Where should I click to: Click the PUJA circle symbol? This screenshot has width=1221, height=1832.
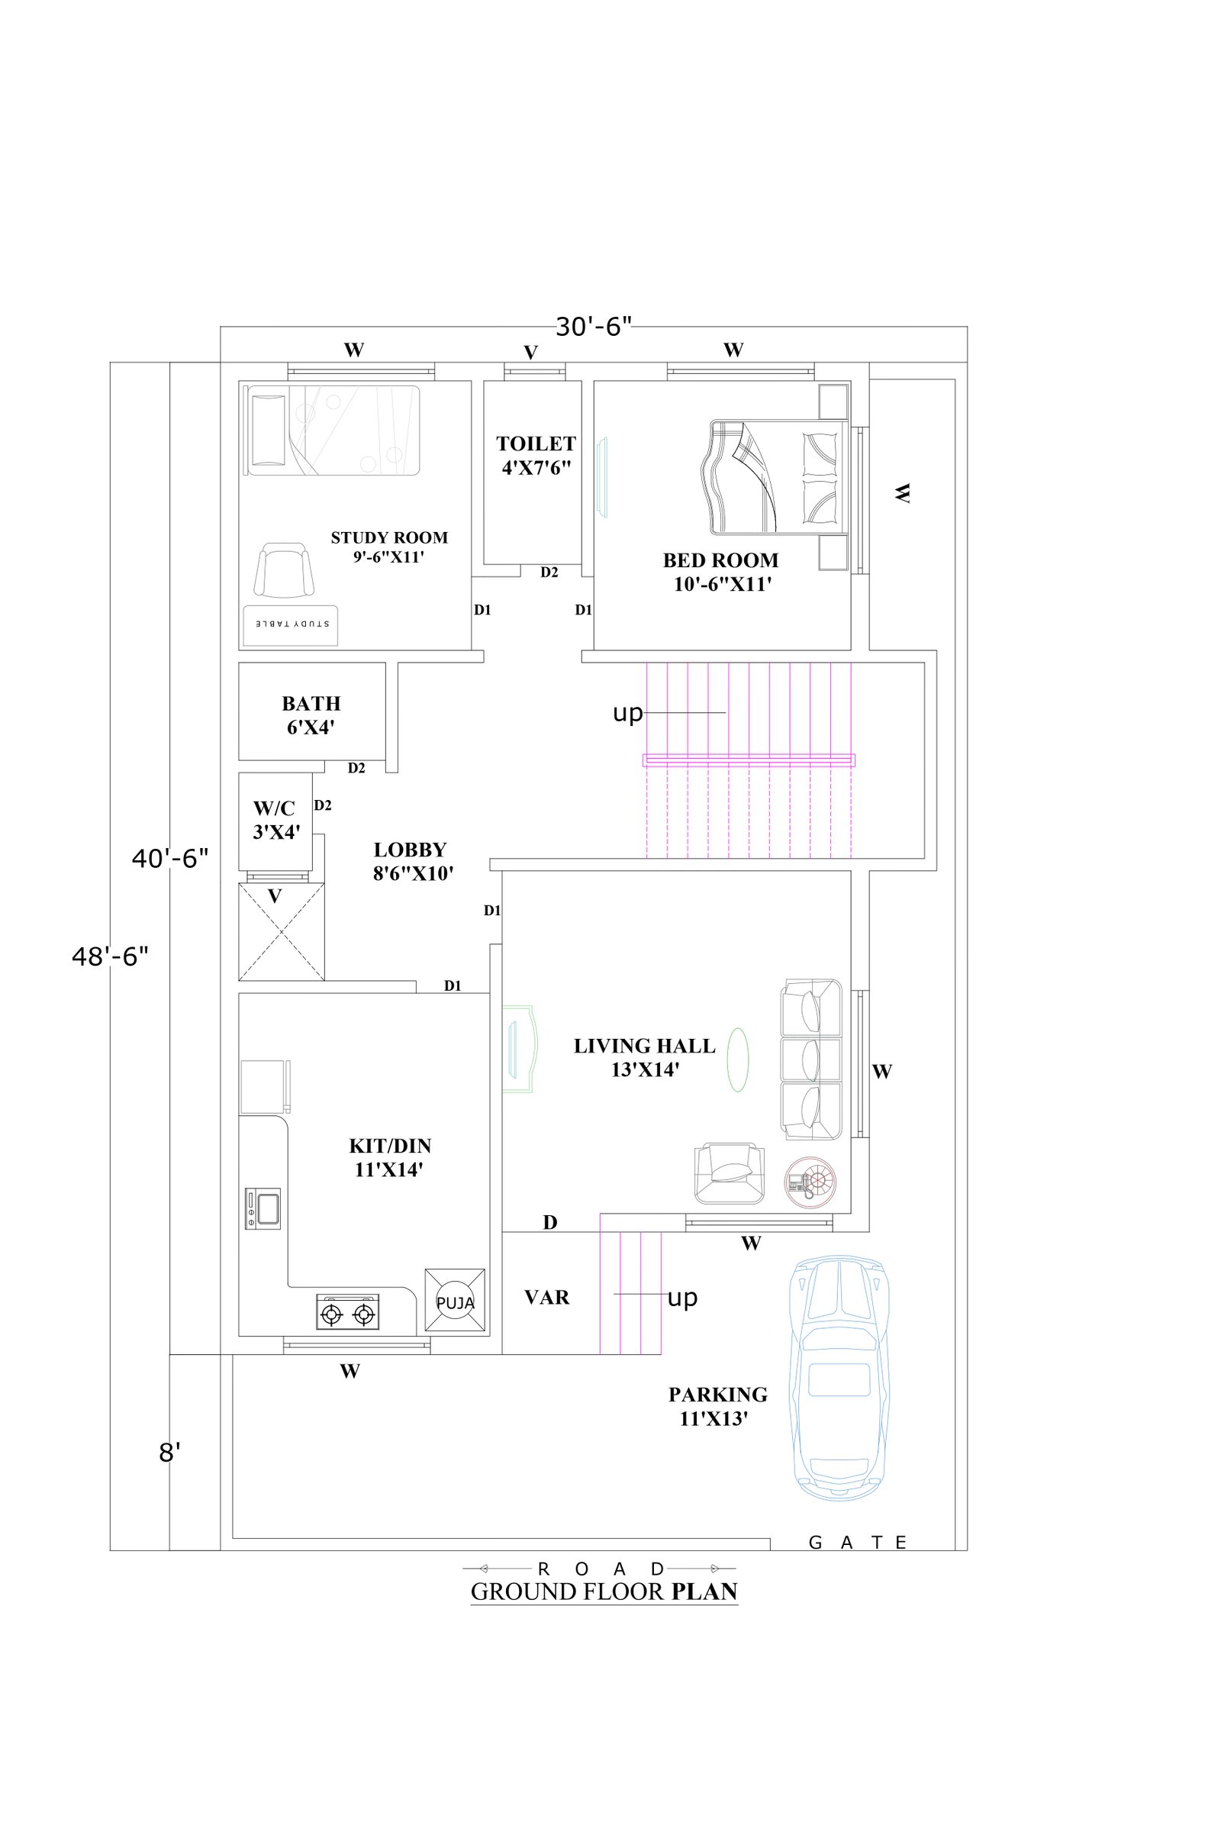(455, 1302)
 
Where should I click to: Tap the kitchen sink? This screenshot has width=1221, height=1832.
(263, 1208)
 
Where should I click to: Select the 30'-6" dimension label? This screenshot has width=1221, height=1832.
(593, 327)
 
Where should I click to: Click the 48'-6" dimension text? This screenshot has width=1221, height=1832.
(110, 956)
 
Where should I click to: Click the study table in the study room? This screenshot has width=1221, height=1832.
(291, 624)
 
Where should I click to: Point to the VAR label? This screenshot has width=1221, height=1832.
(546, 1297)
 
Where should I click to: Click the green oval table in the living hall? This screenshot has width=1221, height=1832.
(737, 1060)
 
